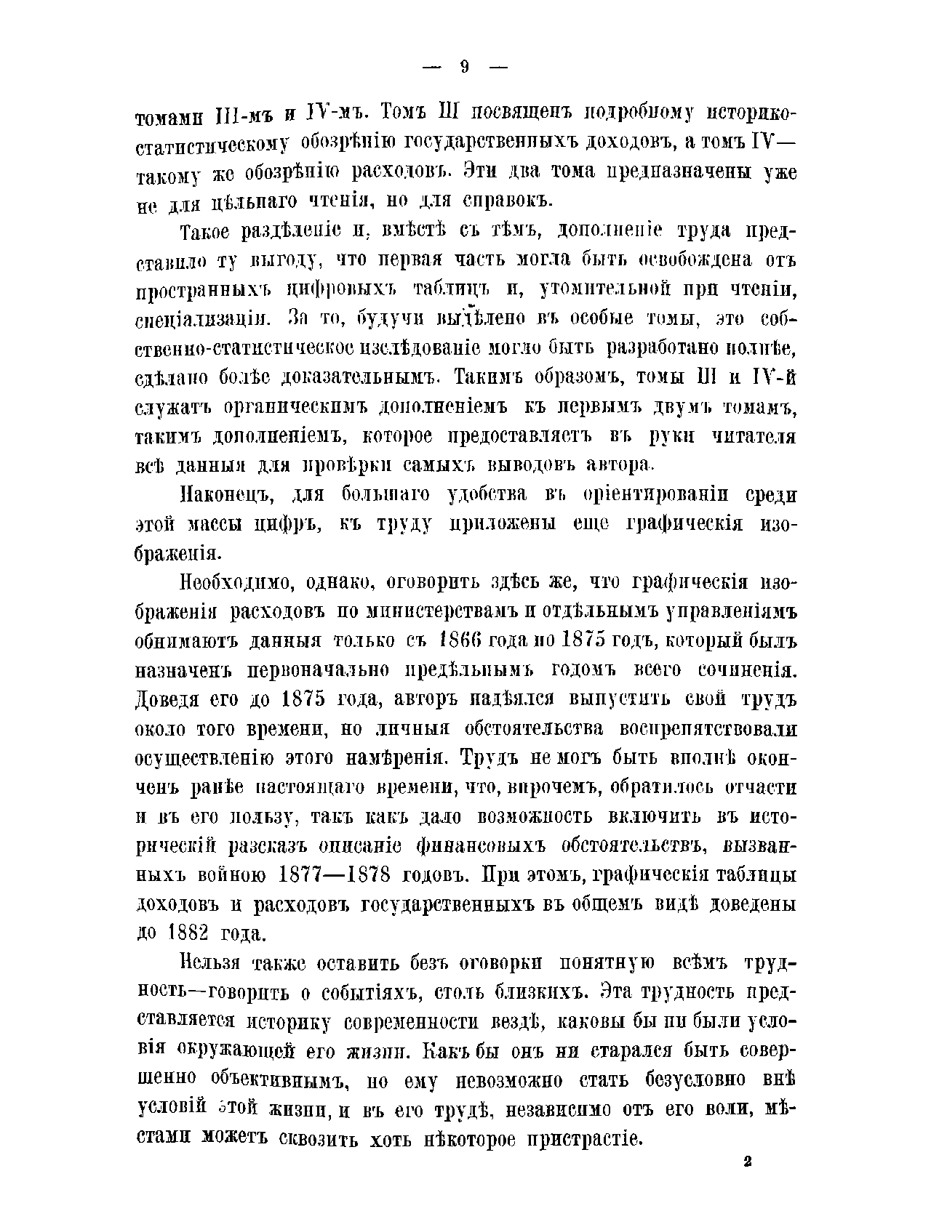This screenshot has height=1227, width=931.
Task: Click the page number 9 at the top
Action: coord(465,67)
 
